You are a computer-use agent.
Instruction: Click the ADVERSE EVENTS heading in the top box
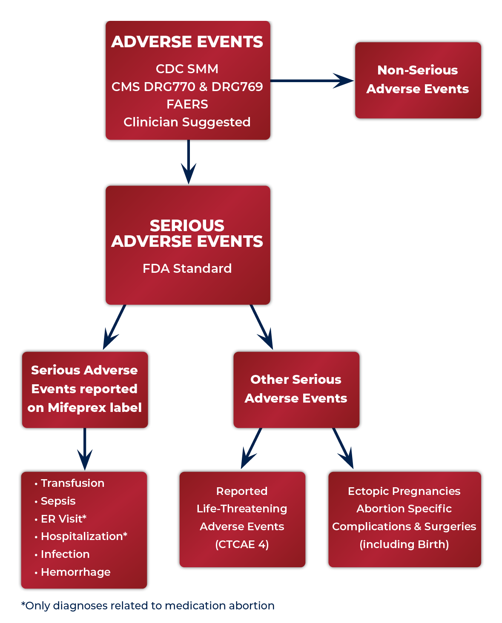pyautogui.click(x=187, y=42)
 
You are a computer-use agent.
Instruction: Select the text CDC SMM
pyautogui.click(x=187, y=69)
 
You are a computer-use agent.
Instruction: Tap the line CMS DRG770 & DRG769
pyautogui.click(x=187, y=87)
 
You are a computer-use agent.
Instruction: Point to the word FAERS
pyautogui.click(x=187, y=104)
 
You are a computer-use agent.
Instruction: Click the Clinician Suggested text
pyautogui.click(x=187, y=122)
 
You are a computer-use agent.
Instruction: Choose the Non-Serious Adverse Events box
pyautogui.click(x=418, y=80)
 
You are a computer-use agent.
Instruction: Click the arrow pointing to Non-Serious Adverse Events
pyautogui.click(x=313, y=80)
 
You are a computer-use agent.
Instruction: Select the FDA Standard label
pyautogui.click(x=187, y=269)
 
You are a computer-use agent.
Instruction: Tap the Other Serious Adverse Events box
pyautogui.click(x=296, y=389)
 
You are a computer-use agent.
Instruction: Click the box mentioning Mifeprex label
pyautogui.click(x=84, y=389)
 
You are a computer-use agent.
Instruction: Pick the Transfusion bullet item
pyautogui.click(x=72, y=483)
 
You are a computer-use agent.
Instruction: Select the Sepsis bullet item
pyautogui.click(x=58, y=501)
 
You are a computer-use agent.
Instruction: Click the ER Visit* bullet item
pyautogui.click(x=63, y=519)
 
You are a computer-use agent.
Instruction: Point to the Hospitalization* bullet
pyautogui.click(x=84, y=536)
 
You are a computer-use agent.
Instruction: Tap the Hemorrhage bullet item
pyautogui.click(x=75, y=572)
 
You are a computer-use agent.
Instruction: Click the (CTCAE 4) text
pyautogui.click(x=242, y=544)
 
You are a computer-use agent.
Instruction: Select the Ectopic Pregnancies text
pyautogui.click(x=404, y=491)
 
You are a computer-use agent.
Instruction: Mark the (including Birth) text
pyautogui.click(x=404, y=544)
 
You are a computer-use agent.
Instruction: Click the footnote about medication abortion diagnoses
pyautogui.click(x=148, y=606)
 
